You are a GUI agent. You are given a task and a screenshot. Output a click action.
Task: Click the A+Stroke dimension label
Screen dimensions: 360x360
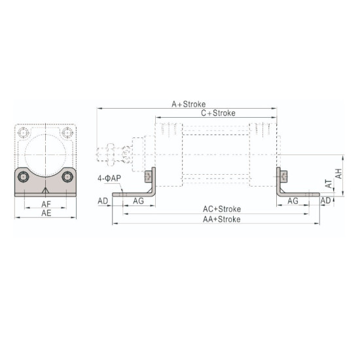pyautogui.click(x=189, y=104)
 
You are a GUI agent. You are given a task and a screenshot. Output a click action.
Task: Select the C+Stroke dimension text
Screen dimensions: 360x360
pyautogui.click(x=218, y=113)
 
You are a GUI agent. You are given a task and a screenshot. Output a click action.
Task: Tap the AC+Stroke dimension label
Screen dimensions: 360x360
pyautogui.click(x=221, y=209)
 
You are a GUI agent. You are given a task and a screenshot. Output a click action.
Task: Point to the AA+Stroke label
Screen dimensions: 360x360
pyautogui.click(x=221, y=219)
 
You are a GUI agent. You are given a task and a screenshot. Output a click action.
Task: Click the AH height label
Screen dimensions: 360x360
pyautogui.click(x=339, y=173)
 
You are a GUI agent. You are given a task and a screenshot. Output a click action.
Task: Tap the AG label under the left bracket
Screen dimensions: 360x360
pyautogui.click(x=138, y=201)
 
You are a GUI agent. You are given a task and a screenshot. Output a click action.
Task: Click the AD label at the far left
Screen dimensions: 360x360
pyautogui.click(x=103, y=201)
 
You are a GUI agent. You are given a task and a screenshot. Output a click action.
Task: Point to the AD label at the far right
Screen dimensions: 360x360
pyautogui.click(x=326, y=201)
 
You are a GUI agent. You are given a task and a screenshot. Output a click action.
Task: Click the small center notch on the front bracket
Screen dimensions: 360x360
pyautogui.click(x=46, y=190)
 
